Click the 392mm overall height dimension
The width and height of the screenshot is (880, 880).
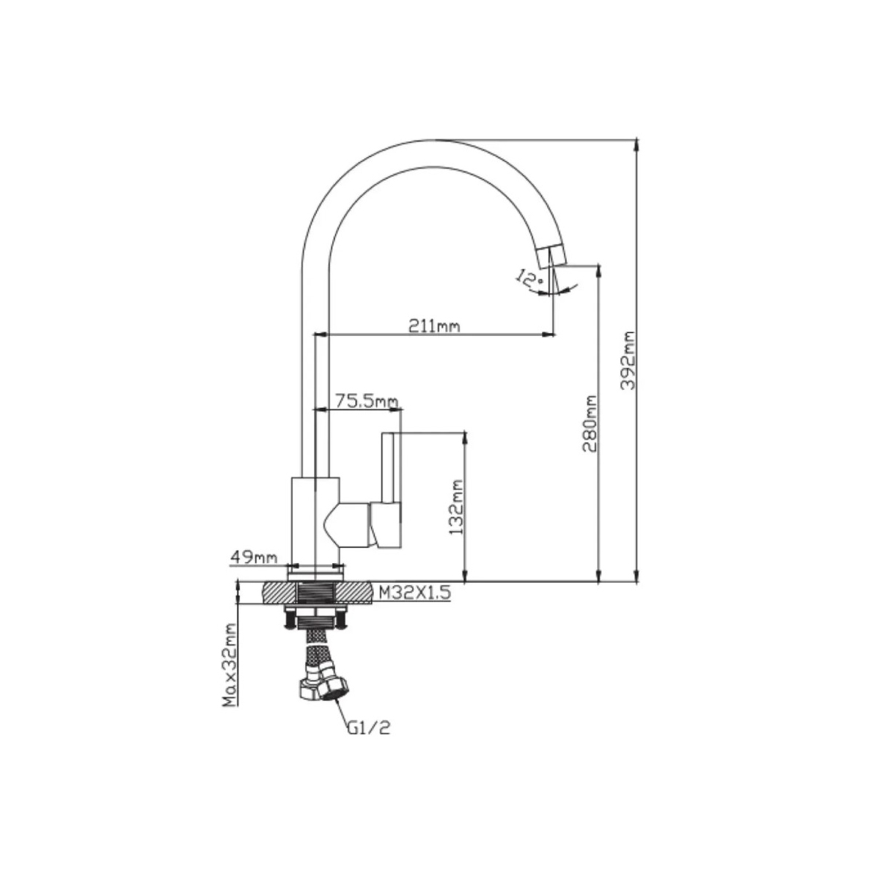[x=630, y=360]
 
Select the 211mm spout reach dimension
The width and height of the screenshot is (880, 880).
[x=434, y=326]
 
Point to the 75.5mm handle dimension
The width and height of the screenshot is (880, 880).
[x=367, y=401]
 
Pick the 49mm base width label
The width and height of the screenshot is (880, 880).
[x=254, y=557]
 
